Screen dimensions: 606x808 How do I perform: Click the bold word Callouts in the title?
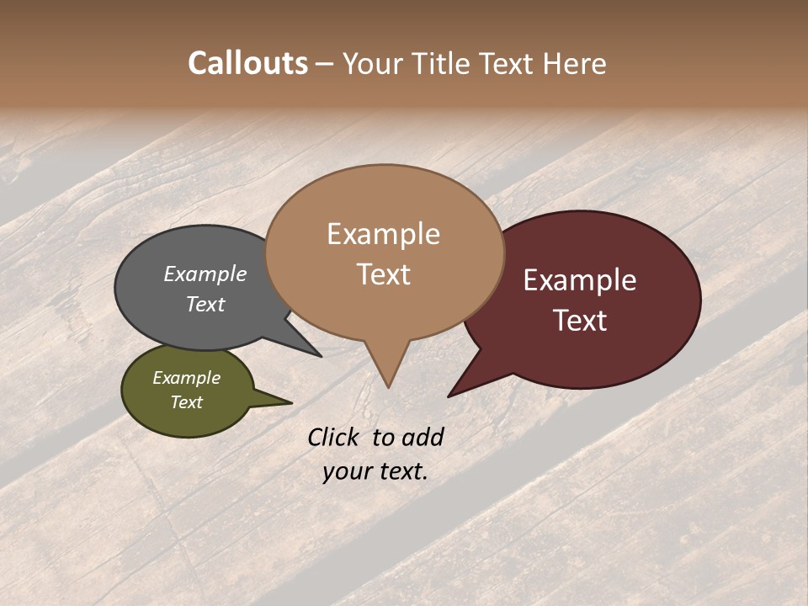pos(247,63)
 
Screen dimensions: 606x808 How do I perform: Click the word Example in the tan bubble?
pos(383,234)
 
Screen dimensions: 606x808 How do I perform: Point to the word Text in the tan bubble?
pos(384,274)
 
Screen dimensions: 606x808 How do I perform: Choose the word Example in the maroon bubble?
pos(580,280)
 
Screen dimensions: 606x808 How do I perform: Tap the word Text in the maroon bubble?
pos(581,321)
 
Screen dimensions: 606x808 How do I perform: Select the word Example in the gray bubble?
pos(205,274)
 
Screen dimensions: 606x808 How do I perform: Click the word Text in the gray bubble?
pos(205,305)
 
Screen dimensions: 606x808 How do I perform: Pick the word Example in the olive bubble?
pos(186,378)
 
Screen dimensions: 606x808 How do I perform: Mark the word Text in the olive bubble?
pos(187,402)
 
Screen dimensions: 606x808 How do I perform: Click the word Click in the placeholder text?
pos(333,437)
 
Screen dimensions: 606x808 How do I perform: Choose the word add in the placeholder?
pos(423,437)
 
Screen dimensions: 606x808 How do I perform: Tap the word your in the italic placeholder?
pos(347,470)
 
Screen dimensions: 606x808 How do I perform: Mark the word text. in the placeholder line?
pos(402,470)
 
